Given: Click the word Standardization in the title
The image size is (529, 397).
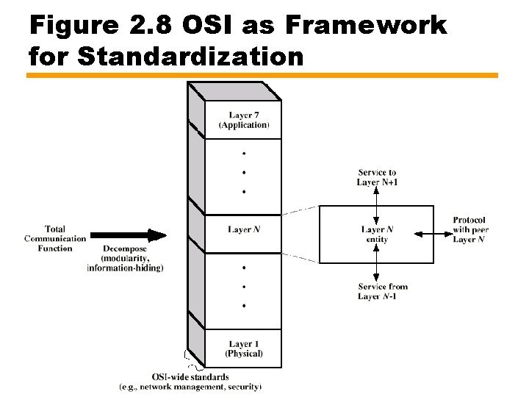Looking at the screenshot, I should pos(190,56).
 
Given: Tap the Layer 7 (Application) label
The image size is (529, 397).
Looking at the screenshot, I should pos(244,120).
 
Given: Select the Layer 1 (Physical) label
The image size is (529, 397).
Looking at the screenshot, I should pos(244,348).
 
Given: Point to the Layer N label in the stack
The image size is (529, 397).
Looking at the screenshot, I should pos(244,230).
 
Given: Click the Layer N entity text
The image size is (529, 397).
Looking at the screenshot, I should pos(376,235).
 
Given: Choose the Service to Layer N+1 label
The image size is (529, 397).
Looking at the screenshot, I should pos(376,177).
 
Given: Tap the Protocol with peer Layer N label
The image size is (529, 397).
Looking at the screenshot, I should pos(470,229).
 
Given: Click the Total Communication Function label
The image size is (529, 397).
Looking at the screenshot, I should pos(55,238).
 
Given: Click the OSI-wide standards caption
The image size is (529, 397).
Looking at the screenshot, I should pos(190,377).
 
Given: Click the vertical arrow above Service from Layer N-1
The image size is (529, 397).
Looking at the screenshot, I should pos(376,262).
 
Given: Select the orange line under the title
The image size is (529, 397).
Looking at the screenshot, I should pos(262,75).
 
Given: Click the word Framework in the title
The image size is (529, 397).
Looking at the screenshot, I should pos(365,25).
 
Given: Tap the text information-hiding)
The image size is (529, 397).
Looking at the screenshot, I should pos(125,268).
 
